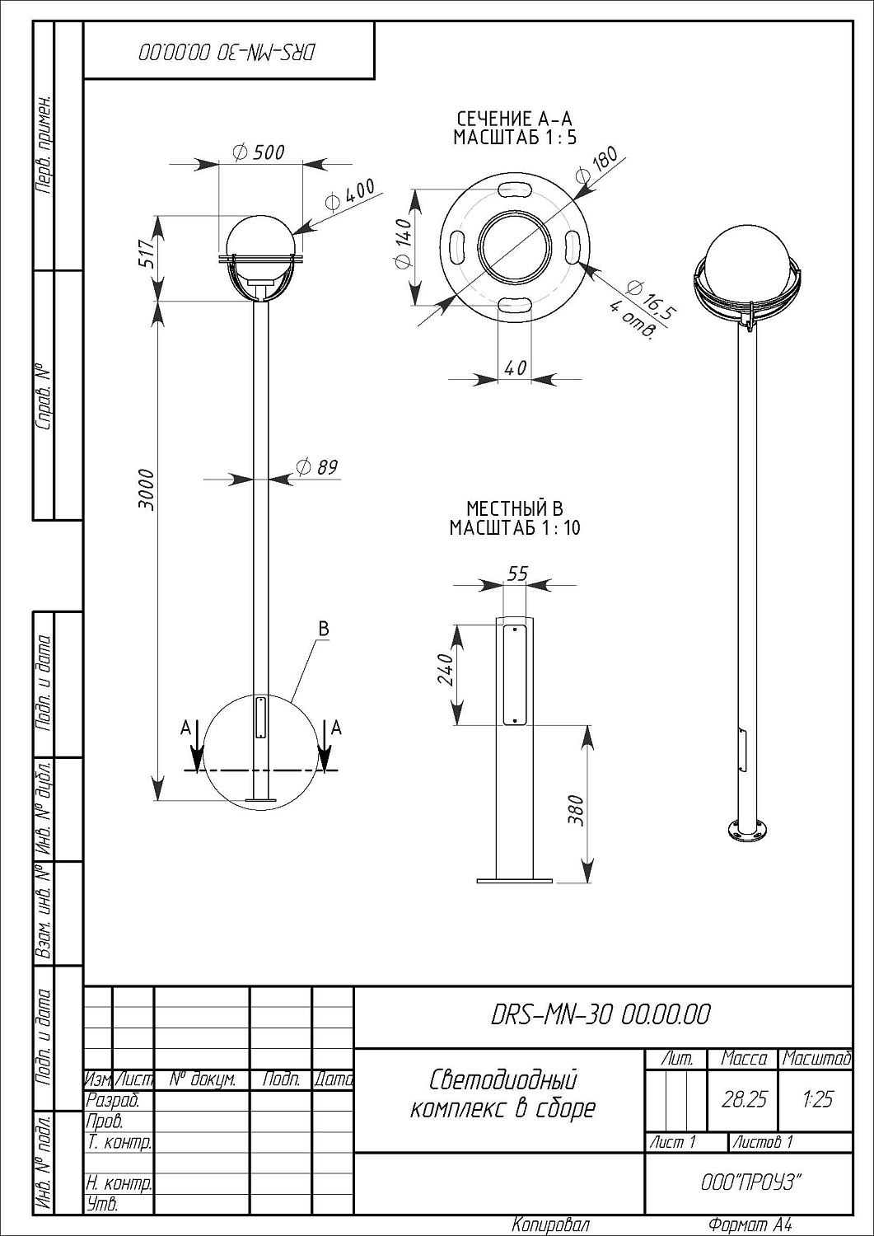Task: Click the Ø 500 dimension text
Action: tap(259, 152)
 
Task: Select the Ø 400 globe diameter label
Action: tap(350, 193)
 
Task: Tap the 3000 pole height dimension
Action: tap(146, 490)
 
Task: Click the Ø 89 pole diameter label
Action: tap(317, 468)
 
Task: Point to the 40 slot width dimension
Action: tap(515, 368)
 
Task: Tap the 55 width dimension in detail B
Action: tap(516, 574)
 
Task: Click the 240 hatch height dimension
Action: tap(446, 669)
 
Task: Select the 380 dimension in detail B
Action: tap(576, 810)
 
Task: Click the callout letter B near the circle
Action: tap(324, 629)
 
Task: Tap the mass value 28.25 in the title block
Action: tap(744, 1099)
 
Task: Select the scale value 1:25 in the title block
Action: tap(816, 1099)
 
